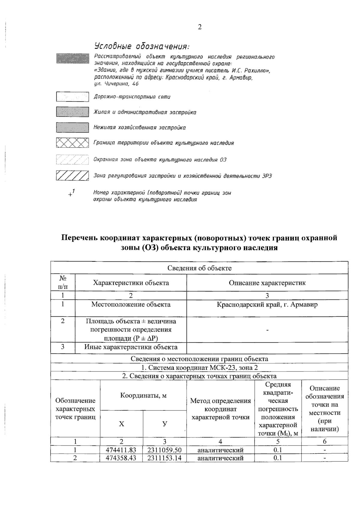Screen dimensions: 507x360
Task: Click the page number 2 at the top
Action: click(x=199, y=27)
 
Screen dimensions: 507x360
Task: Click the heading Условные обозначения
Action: click(x=142, y=46)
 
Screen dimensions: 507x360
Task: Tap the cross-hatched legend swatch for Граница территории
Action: click(x=72, y=143)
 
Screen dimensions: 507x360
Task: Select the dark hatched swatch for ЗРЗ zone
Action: click(x=72, y=176)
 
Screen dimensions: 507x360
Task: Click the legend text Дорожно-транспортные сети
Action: click(x=132, y=97)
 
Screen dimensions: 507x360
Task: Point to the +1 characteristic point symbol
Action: click(x=71, y=193)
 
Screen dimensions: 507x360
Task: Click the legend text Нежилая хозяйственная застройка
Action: click(x=139, y=128)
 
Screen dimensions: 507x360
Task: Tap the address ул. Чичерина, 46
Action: click(x=116, y=84)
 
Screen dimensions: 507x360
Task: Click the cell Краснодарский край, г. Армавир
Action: click(x=267, y=305)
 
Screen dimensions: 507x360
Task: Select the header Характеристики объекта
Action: click(x=131, y=283)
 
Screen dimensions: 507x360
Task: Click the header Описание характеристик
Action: click(x=267, y=283)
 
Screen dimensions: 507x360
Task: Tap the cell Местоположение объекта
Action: click(x=131, y=305)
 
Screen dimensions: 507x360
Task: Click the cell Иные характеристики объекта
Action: click(x=131, y=347)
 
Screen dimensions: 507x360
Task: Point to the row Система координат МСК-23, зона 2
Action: click(x=199, y=368)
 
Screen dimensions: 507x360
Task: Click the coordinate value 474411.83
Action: click(x=121, y=450)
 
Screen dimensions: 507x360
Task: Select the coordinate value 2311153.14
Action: click(x=164, y=458)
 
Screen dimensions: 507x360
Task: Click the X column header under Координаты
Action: click(x=121, y=424)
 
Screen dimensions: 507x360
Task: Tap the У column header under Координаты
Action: click(x=164, y=424)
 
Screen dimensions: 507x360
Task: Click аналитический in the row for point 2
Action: click(x=220, y=458)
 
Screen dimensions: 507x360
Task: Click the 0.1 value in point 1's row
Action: click(x=277, y=450)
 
